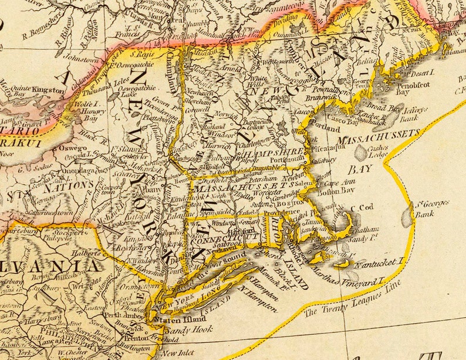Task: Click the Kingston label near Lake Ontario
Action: pos(49,90)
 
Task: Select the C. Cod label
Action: pos(361,208)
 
